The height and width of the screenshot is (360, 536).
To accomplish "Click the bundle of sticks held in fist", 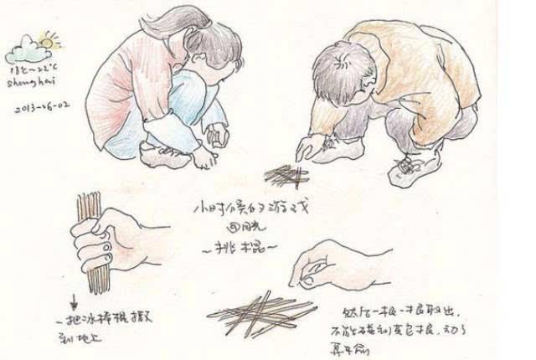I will point(85,243).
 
